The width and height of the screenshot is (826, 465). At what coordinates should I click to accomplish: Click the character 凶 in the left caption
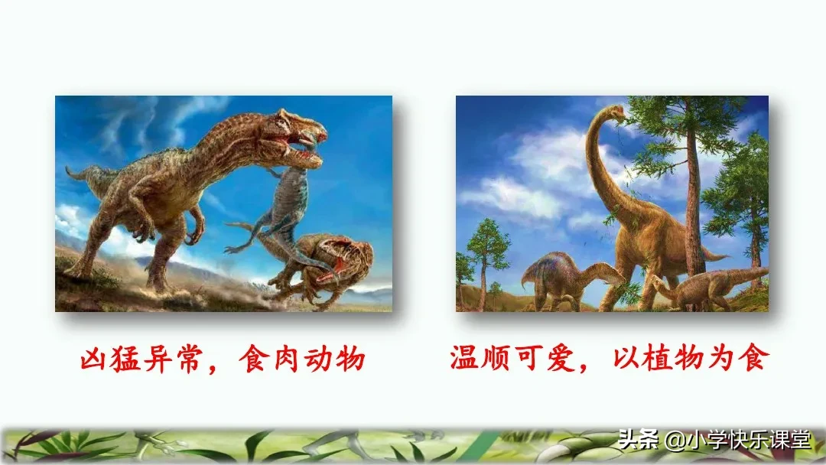(95, 357)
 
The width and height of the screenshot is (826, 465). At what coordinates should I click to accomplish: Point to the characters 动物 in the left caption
(340, 357)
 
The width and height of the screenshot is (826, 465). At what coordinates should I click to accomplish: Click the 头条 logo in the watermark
(631, 441)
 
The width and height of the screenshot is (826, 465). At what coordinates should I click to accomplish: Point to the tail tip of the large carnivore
(69, 171)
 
